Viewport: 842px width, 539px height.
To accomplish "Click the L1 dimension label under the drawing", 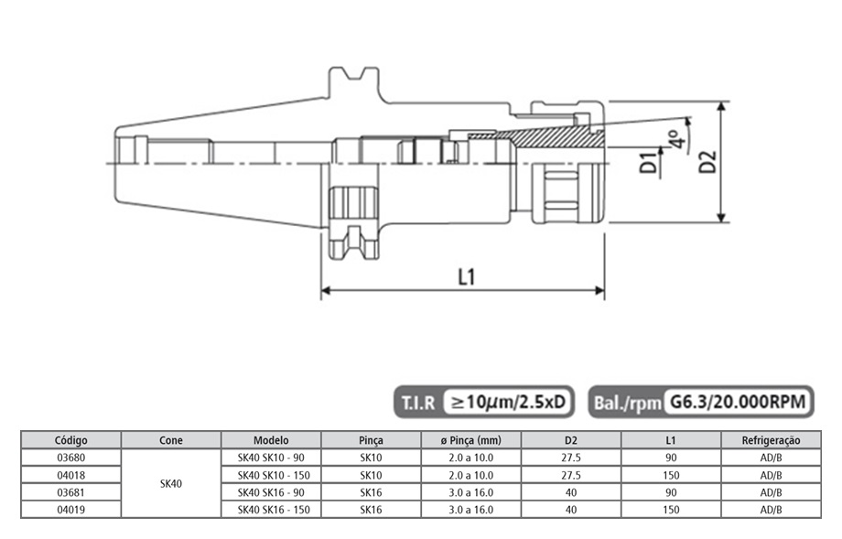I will tap(465, 275).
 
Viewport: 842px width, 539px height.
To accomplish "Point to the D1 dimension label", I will tap(648, 163).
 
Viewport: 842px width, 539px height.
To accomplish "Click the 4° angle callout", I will tap(675, 140).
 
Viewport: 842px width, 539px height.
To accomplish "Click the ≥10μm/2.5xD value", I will tap(509, 401).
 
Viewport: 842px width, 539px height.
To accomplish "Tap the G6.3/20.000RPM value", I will tap(737, 401).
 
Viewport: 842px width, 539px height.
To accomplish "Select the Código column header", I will tap(71, 440).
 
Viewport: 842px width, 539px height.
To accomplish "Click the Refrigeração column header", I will tap(771, 440).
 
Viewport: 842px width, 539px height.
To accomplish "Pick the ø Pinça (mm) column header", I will tap(471, 440).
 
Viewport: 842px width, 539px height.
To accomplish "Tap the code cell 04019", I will tap(71, 509).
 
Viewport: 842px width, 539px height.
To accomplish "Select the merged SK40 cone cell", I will tap(170, 483).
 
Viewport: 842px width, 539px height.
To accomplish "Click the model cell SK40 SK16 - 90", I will tap(270, 492).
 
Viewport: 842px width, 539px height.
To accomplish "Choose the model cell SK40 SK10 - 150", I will tap(270, 475).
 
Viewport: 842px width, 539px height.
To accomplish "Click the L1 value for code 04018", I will tap(671, 475).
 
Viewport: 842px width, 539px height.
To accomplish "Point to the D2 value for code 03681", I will tap(571, 492).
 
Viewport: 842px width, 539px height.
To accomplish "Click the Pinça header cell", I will tap(371, 440).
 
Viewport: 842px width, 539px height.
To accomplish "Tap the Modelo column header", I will tap(270, 440).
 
